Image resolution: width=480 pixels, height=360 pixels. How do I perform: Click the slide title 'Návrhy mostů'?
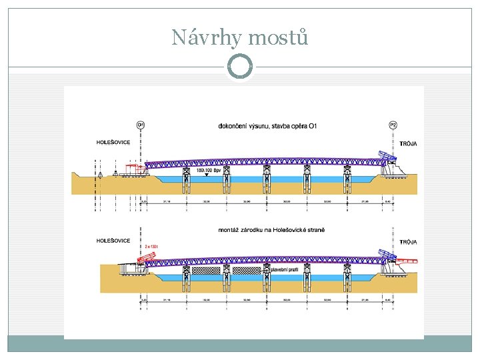click(240, 37)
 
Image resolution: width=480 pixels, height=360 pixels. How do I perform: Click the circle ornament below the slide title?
click(240, 67)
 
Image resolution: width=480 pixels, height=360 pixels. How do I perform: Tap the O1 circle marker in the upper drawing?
click(140, 124)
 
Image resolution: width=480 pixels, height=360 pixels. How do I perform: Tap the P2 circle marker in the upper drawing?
click(393, 124)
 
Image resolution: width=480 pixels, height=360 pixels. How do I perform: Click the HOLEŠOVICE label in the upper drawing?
click(113, 142)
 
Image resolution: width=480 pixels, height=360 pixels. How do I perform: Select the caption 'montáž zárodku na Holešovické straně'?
click(271, 230)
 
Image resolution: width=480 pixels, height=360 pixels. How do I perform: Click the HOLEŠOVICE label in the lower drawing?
click(113, 240)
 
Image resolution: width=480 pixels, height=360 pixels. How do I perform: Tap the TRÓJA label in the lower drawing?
click(408, 242)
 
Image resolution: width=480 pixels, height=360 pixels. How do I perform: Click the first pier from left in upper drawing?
click(187, 180)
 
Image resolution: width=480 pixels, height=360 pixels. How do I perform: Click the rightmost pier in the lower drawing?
click(347, 277)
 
